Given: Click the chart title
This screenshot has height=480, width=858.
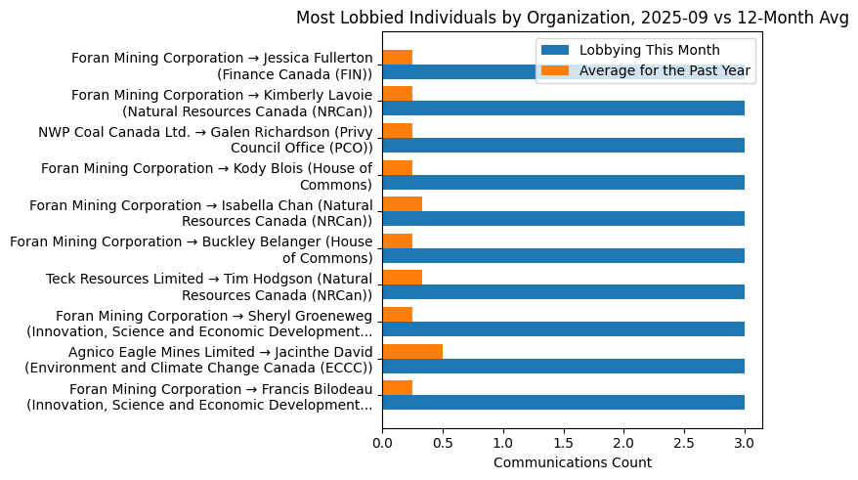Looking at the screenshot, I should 572,18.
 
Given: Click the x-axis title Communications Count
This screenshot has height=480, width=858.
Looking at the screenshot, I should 572,462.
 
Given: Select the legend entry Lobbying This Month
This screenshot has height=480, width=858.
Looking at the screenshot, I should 649,50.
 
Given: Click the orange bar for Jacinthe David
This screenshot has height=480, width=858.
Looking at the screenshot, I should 412,352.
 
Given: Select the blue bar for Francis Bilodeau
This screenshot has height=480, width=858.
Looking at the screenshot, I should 563,402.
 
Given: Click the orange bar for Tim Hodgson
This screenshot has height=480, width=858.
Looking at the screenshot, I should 402,278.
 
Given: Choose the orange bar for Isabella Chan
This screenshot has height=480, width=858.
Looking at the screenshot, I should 402,204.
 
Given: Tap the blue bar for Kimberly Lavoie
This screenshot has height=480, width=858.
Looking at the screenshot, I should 563,108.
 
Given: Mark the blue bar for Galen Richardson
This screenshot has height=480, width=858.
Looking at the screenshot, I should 563,145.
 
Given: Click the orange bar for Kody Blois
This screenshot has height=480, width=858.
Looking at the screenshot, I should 397,167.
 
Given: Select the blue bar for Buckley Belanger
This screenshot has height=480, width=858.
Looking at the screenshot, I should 563,255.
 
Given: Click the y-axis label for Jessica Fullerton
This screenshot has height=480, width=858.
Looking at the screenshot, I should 222,65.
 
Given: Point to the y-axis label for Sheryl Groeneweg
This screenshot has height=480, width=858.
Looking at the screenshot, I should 199,324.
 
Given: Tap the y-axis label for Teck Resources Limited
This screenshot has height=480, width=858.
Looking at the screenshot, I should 209,286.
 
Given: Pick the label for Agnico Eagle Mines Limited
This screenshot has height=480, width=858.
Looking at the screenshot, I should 199,360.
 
